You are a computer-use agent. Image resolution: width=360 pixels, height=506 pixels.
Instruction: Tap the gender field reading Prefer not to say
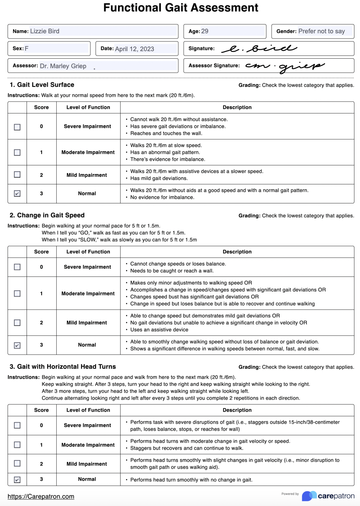pyautogui.click(x=322, y=31)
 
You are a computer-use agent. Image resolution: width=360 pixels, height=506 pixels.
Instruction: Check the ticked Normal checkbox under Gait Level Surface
pyautogui.click(x=17, y=194)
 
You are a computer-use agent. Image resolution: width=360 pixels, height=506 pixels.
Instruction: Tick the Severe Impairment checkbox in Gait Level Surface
pyautogui.click(x=17, y=127)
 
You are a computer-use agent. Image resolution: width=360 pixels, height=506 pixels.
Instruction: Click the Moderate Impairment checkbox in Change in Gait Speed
pyautogui.click(x=17, y=293)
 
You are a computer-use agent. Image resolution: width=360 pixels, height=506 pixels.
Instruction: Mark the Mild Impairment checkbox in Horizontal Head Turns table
pyautogui.click(x=17, y=464)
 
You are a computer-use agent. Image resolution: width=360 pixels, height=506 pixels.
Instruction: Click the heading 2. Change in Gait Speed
pyautogui.click(x=47, y=215)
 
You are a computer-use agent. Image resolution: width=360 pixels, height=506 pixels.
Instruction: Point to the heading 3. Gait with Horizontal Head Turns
pyautogui.click(x=62, y=366)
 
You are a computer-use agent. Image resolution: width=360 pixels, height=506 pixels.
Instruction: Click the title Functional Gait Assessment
pyautogui.click(x=180, y=8)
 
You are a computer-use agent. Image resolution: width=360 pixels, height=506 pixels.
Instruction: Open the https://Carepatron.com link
pyautogui.click(x=41, y=496)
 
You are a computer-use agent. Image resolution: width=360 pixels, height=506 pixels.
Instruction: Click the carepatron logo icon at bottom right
pyautogui.click(x=309, y=496)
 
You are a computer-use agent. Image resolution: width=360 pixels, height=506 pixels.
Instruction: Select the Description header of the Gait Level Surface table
pyautogui.click(x=237, y=107)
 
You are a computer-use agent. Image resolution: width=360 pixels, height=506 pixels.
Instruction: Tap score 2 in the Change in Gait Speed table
pyautogui.click(x=41, y=323)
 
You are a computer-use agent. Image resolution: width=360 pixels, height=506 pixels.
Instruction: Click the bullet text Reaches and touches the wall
pyautogui.click(x=166, y=133)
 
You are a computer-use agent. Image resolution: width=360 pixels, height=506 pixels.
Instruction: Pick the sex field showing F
pyautogui.click(x=56, y=49)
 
